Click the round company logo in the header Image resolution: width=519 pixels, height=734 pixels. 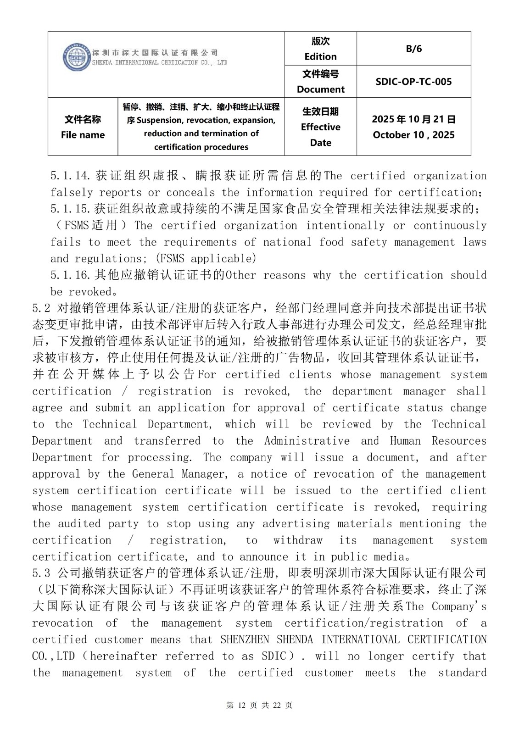coord(76,57)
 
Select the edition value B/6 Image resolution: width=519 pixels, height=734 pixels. coord(413,49)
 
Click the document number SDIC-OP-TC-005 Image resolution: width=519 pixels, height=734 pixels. coord(413,82)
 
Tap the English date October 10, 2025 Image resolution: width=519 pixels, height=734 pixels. coord(413,135)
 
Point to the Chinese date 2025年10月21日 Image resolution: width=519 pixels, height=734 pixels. coord(413,119)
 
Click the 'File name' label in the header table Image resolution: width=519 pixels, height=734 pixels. coord(83,135)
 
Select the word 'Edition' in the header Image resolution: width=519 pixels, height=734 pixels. coord(320,56)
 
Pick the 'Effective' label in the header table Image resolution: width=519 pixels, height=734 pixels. coord(320,127)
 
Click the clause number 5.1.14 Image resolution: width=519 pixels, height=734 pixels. coord(72,176)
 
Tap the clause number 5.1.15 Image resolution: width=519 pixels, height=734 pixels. coord(72,209)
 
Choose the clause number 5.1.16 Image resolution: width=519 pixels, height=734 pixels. coord(72,275)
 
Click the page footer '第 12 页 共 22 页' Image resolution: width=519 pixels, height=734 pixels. coord(259,705)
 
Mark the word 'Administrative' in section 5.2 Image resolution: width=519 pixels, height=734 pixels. coord(307,441)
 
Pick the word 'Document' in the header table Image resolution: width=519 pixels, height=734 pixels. coord(320,89)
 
